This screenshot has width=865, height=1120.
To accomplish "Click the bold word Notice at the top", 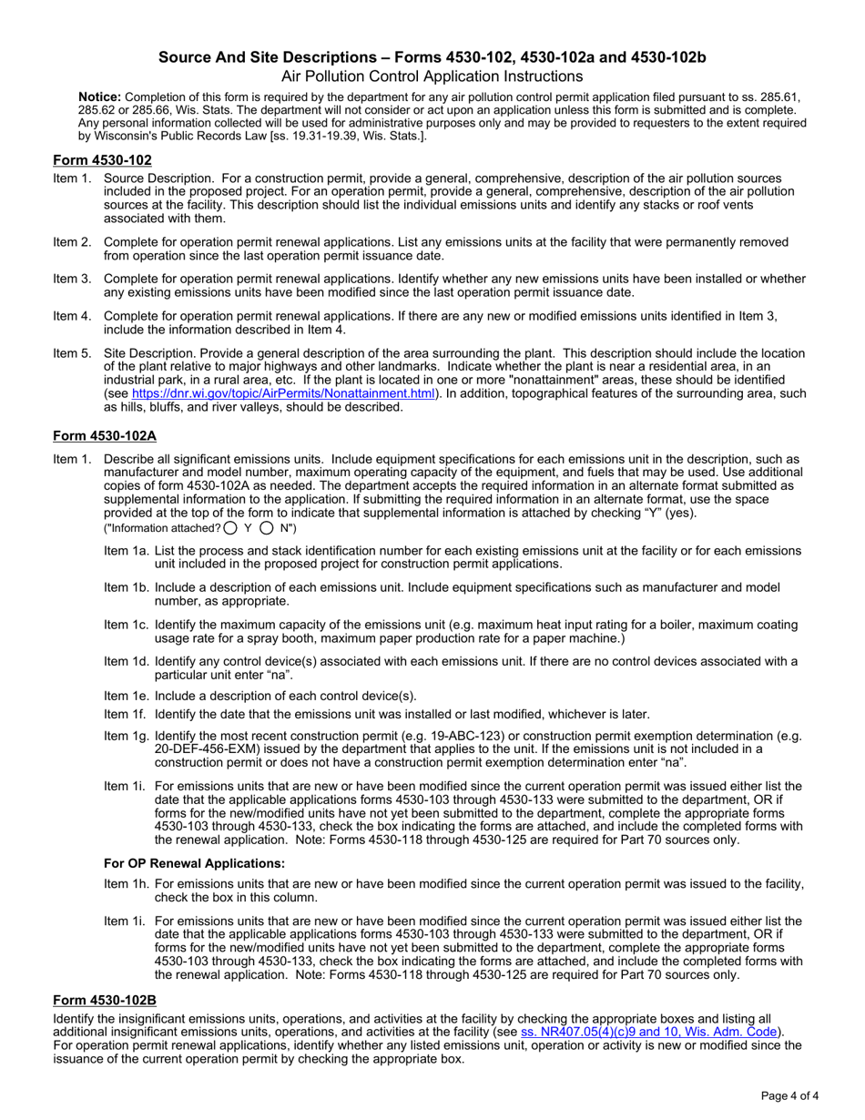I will click(x=99, y=97).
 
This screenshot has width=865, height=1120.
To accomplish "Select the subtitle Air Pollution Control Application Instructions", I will click(x=432, y=76).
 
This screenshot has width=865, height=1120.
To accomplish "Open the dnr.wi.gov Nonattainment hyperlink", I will click(x=283, y=393).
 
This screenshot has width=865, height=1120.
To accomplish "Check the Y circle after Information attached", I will click(x=230, y=527).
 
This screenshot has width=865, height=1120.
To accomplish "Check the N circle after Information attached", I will click(x=267, y=527).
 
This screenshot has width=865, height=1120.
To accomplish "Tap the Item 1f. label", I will click(x=126, y=714).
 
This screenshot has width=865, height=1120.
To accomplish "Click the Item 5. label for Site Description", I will click(x=72, y=352).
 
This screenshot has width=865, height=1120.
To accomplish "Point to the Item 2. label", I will click(x=72, y=242).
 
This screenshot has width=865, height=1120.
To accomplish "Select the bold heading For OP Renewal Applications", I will click(x=194, y=863).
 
